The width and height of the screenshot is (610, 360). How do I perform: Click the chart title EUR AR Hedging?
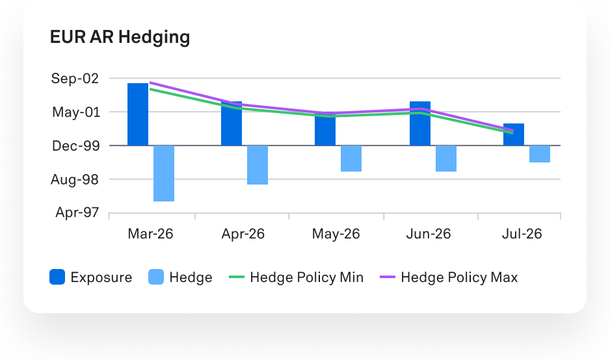(120, 37)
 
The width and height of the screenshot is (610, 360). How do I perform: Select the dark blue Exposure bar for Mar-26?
(138, 114)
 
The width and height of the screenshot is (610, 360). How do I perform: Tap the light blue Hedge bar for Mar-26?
(164, 174)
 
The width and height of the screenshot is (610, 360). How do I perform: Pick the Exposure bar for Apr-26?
(232, 124)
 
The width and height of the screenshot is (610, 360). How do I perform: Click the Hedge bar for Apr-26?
(258, 165)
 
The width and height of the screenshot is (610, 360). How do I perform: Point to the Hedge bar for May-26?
(351, 159)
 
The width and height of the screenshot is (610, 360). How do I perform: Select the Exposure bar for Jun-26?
(420, 124)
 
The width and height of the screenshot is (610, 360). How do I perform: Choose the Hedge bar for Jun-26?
(446, 159)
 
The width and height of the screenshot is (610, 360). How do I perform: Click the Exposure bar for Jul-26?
(514, 135)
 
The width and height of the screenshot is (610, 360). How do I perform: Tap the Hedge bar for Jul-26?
(540, 154)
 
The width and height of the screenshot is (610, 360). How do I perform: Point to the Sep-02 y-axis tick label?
(75, 79)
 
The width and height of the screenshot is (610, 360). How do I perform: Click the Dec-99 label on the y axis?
(75, 146)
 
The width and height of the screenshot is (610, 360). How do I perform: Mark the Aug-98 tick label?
(75, 179)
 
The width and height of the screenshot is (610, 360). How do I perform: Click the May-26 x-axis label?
(336, 234)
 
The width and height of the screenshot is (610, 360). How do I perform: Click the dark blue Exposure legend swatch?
(57, 277)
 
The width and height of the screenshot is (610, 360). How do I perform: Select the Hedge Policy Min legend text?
(306, 277)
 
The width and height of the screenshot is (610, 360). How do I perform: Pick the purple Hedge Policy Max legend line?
(388, 277)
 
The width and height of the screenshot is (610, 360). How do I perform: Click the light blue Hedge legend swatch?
(156, 277)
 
